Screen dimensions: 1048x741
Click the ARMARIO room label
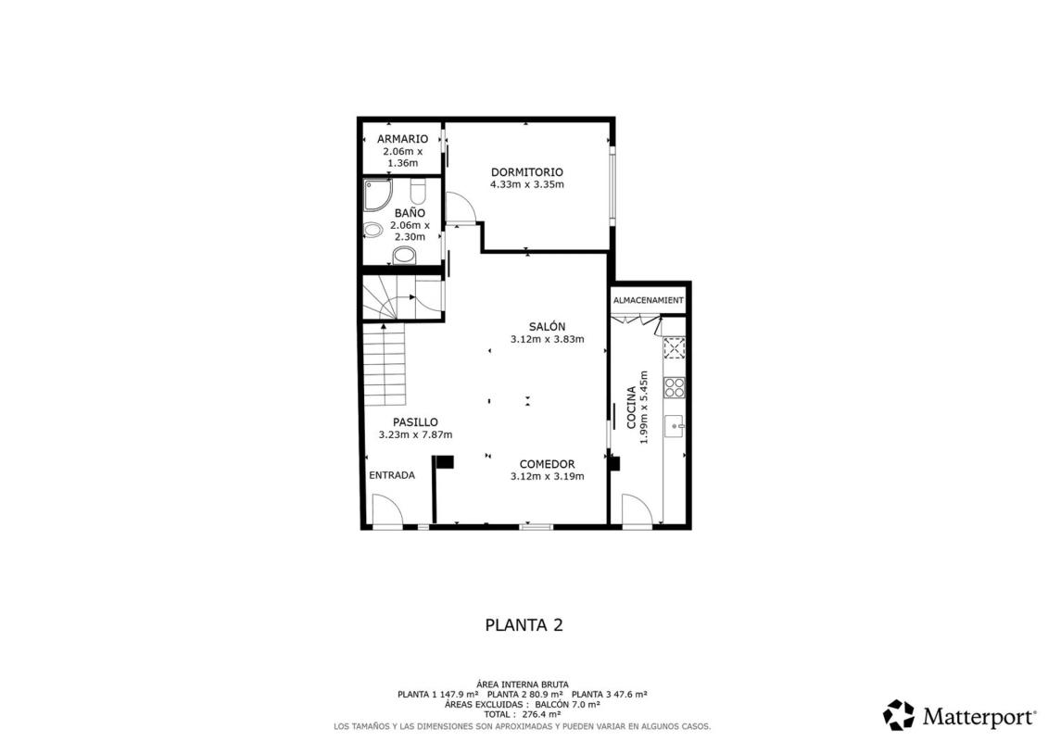402,139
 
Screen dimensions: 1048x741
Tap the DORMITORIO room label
526,172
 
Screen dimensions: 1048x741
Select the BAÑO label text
410,213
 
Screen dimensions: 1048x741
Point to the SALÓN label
547,327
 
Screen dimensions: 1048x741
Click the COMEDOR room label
547,464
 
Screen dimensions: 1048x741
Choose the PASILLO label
415,422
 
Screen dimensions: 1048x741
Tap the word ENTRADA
392,476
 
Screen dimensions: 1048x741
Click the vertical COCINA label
631,408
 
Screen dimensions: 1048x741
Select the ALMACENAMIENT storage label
649,301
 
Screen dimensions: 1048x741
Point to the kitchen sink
674,426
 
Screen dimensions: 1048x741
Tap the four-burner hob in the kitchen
674,387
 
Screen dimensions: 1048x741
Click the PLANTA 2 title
524,625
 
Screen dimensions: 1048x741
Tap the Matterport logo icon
899,715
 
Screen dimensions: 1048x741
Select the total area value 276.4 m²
541,714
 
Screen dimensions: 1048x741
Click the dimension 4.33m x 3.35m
526,184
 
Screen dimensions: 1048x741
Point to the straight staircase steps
385,365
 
